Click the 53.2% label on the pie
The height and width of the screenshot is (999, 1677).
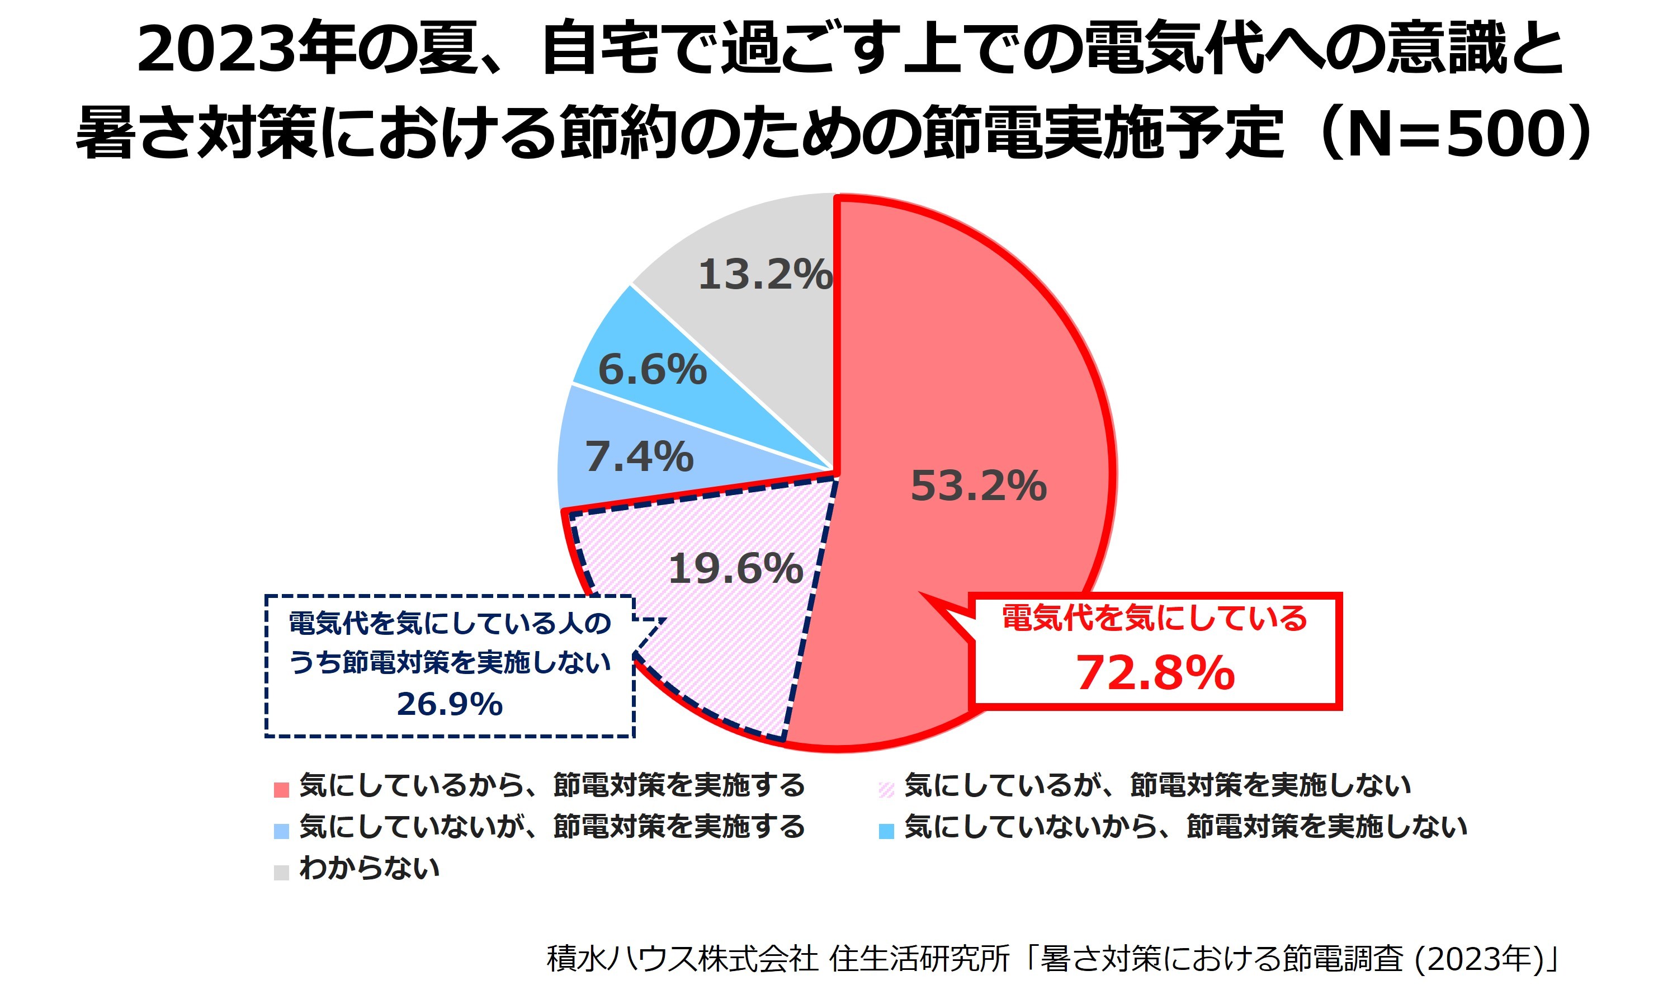point(978,486)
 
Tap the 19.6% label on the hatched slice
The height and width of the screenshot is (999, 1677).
point(735,569)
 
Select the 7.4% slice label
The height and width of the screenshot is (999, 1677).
point(639,457)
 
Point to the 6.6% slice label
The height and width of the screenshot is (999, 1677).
point(652,370)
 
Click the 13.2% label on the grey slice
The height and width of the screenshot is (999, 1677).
point(765,275)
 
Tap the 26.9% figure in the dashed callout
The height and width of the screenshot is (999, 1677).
point(450,704)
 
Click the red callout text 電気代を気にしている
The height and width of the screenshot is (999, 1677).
point(1154,618)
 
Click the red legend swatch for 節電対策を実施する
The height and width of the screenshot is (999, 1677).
point(281,789)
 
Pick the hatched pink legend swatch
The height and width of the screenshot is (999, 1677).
point(886,789)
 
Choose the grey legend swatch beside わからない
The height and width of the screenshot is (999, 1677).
point(281,873)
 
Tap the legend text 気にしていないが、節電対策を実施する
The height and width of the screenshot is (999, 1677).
point(552,827)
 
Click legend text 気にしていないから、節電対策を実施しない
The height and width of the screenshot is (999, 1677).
point(1185,827)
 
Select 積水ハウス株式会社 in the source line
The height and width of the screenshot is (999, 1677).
point(682,959)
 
